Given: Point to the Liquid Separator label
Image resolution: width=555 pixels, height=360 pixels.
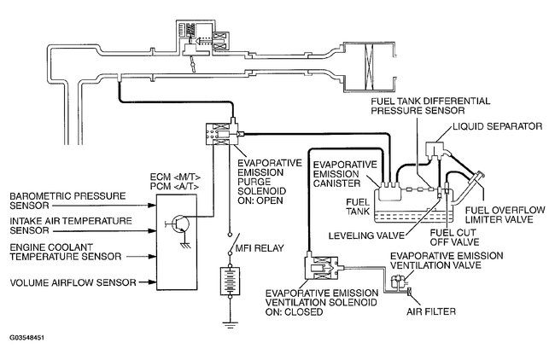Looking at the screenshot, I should click(x=497, y=125).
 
